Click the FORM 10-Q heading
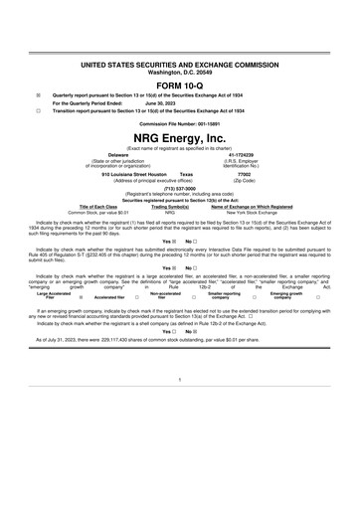coord(180,85)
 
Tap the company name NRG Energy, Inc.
coord(180,135)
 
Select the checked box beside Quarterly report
coord(38,96)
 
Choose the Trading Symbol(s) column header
coord(170,207)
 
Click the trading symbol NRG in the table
coord(170,213)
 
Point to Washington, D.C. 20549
coord(180,73)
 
